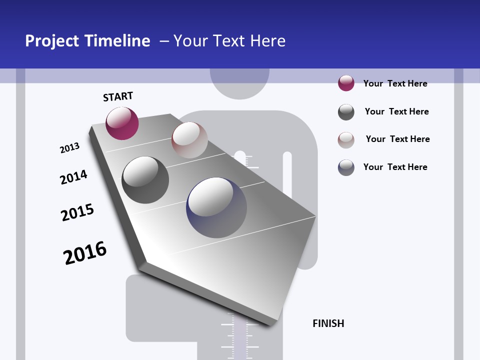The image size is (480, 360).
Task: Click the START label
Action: click(x=118, y=96)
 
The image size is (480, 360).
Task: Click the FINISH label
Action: click(x=328, y=323)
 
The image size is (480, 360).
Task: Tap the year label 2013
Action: click(x=69, y=148)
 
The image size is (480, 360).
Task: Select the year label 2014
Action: click(x=73, y=177)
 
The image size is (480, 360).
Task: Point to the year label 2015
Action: click(x=77, y=212)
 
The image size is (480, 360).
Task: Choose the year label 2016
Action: click(x=85, y=253)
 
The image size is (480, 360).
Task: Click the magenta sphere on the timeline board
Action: click(x=122, y=123)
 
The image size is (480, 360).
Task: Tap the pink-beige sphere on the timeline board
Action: click(x=189, y=140)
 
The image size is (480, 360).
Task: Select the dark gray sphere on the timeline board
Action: click(x=145, y=180)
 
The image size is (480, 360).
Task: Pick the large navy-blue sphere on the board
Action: click(x=216, y=207)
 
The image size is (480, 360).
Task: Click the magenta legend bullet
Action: click(x=346, y=83)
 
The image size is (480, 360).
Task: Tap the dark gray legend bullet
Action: click(x=346, y=112)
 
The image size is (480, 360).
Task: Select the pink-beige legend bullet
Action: click(x=346, y=140)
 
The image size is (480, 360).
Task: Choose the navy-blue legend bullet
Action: click(x=346, y=167)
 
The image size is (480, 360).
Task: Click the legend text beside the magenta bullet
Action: click(x=395, y=83)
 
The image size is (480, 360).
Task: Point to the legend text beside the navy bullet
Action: click(x=395, y=167)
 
